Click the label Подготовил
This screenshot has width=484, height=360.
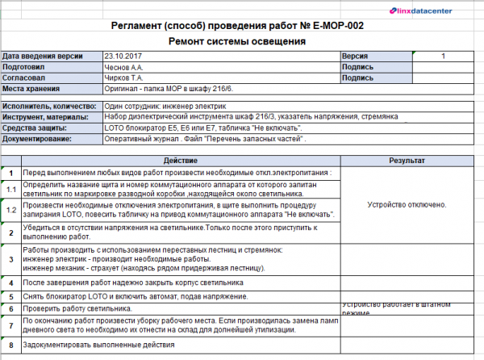[x=25, y=67]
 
